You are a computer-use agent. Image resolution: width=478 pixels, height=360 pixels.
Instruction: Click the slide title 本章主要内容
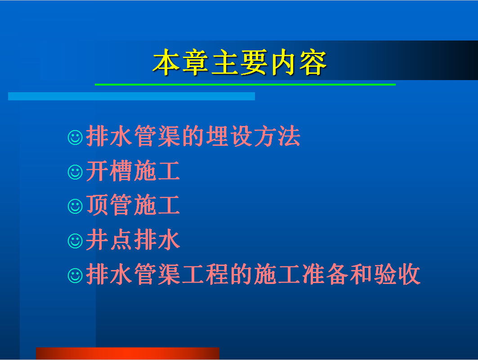(240, 62)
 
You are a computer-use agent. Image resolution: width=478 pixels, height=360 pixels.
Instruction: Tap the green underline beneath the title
(245, 85)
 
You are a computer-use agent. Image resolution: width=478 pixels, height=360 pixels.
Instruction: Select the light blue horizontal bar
(131, 96)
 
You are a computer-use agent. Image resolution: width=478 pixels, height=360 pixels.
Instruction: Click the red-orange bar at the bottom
(127, 353)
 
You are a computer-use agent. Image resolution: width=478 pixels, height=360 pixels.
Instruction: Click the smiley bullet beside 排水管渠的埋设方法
(75, 137)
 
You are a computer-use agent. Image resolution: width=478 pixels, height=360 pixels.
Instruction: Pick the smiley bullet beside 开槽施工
(75, 172)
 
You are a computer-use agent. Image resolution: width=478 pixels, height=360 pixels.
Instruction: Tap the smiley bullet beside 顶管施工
(75, 207)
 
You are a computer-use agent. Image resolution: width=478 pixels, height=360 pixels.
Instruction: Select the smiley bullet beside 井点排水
(75, 241)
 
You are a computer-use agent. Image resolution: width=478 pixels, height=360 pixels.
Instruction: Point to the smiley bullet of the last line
(75, 275)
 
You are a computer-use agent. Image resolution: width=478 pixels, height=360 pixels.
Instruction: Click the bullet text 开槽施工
(133, 171)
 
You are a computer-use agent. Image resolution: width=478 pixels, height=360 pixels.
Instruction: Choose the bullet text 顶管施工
(133, 205)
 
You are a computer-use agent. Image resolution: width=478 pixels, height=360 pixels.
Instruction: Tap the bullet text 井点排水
(133, 240)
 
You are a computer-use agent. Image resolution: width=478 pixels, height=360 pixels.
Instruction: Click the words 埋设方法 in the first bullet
(253, 136)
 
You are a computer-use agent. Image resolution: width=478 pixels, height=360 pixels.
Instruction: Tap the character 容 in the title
(313, 62)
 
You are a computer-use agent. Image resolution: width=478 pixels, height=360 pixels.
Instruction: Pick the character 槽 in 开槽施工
(121, 171)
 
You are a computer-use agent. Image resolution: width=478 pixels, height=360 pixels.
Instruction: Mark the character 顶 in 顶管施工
(97, 205)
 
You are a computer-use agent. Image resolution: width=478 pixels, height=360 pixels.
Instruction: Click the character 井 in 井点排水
(97, 240)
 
